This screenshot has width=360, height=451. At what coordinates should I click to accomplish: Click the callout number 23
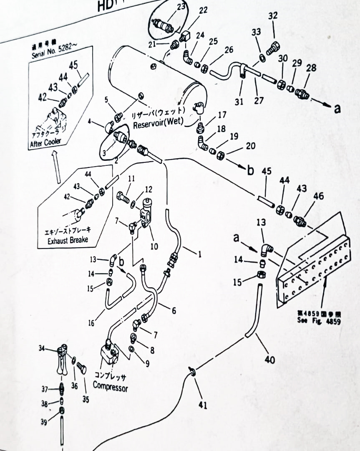pos(181,7)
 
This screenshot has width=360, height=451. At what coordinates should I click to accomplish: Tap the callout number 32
pos(273,16)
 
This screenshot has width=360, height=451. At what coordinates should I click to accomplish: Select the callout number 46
pos(318,196)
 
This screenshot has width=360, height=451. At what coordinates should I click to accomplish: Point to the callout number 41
pos(203,405)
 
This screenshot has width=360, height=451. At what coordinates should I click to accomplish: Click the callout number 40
pos(270,359)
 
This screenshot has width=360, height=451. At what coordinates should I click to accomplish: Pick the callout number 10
pos(154,246)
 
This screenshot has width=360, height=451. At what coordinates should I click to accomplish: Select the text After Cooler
pos(45,143)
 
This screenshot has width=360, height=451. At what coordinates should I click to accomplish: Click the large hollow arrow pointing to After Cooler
pos(57,167)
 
